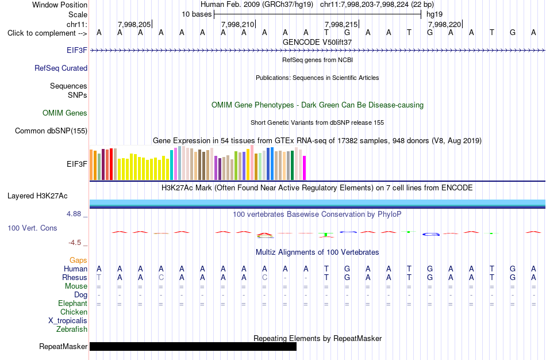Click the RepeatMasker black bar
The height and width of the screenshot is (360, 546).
[193, 346]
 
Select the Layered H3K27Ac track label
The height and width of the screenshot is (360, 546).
[37, 196]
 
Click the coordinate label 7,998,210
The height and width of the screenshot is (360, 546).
[238, 24]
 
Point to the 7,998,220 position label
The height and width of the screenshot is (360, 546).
[445, 24]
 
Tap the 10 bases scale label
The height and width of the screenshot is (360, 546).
[197, 14]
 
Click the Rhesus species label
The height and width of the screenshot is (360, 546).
[75, 277]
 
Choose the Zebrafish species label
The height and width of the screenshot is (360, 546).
[72, 329]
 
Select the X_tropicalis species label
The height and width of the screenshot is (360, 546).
[68, 321]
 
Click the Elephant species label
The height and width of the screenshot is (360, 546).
[73, 304]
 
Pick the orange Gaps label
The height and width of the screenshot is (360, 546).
[78, 261]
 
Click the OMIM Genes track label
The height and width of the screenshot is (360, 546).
[65, 113]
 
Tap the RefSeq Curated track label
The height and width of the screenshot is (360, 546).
[61, 68]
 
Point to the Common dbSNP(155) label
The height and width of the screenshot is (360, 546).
[51, 131]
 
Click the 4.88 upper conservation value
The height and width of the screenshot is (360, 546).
[74, 213]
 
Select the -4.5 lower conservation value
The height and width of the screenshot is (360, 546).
[75, 243]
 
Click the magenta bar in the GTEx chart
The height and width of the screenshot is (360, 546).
[305, 168]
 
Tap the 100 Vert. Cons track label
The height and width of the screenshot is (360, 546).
[32, 228]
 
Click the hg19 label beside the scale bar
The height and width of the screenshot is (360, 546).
[435, 14]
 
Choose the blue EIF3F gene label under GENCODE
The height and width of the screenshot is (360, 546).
[77, 50]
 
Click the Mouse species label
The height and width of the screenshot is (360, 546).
[76, 286]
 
